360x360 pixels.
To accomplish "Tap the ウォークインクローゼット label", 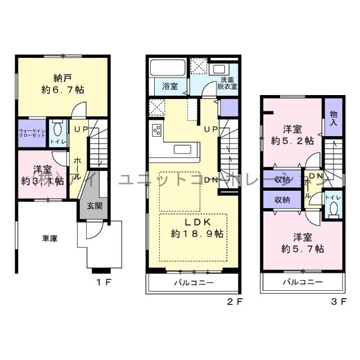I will point(31,133).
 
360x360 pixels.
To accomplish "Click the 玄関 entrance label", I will point(94,206).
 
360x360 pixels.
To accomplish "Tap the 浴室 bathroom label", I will point(170,87).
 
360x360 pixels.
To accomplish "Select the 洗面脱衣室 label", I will point(228,83).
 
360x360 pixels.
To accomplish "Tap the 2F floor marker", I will point(234,302).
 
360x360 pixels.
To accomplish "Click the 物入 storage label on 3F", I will point(333,118).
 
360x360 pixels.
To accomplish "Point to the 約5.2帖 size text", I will point(292,141).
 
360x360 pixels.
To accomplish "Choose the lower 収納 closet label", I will point(283,200).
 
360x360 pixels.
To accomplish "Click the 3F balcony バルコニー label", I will point(303,282).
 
